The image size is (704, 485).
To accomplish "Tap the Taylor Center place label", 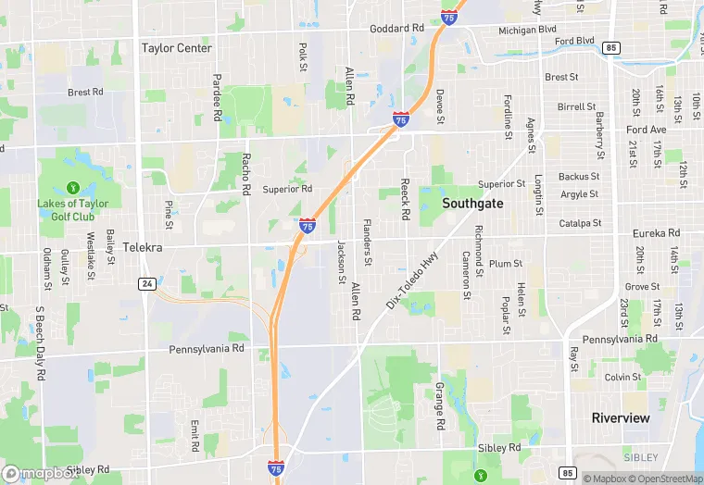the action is [x=177, y=47].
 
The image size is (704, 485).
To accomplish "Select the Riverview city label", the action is [x=621, y=417].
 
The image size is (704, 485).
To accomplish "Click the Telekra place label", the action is [x=143, y=248].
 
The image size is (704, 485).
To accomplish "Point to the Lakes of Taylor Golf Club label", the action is [x=72, y=210].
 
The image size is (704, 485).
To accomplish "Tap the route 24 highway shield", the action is [x=146, y=283].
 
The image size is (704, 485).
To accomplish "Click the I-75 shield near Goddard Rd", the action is [x=448, y=19].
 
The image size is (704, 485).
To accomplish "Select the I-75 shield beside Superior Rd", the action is [x=307, y=225].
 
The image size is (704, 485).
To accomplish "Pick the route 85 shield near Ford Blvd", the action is [x=610, y=47].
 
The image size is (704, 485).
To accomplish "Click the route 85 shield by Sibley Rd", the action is [x=568, y=449].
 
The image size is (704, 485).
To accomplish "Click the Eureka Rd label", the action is [x=656, y=233].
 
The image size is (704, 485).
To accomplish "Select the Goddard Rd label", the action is [x=396, y=29].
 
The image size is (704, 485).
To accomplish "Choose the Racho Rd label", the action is [x=246, y=174].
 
